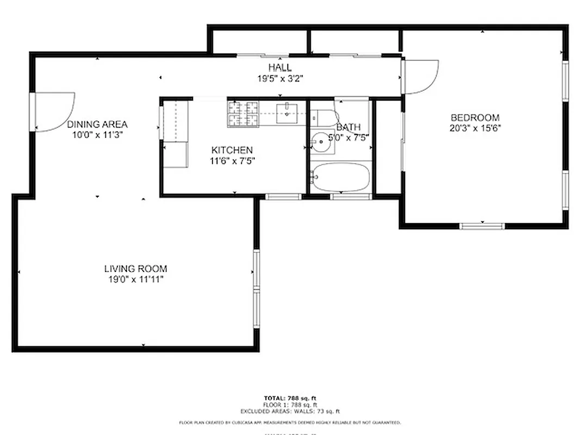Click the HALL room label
[x=280, y=67]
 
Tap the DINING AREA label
[x=97, y=124]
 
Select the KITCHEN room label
[x=232, y=150]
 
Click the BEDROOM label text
[x=475, y=117]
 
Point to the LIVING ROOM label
[x=135, y=269]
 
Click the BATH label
[x=348, y=127]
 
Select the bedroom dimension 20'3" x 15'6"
[x=475, y=128]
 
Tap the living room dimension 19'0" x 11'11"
[x=135, y=279]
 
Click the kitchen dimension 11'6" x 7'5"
[x=233, y=160]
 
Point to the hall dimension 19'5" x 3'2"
[x=280, y=78]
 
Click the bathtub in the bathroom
[x=341, y=177]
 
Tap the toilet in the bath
[x=324, y=117]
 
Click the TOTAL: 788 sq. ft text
[x=290, y=399]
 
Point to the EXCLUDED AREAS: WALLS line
[x=290, y=411]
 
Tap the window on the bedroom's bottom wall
[x=482, y=225]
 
